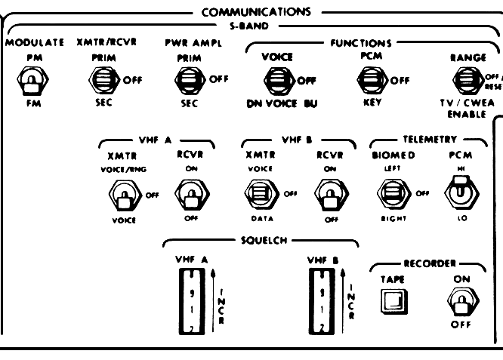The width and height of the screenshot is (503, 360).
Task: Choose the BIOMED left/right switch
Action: point(392,195)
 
